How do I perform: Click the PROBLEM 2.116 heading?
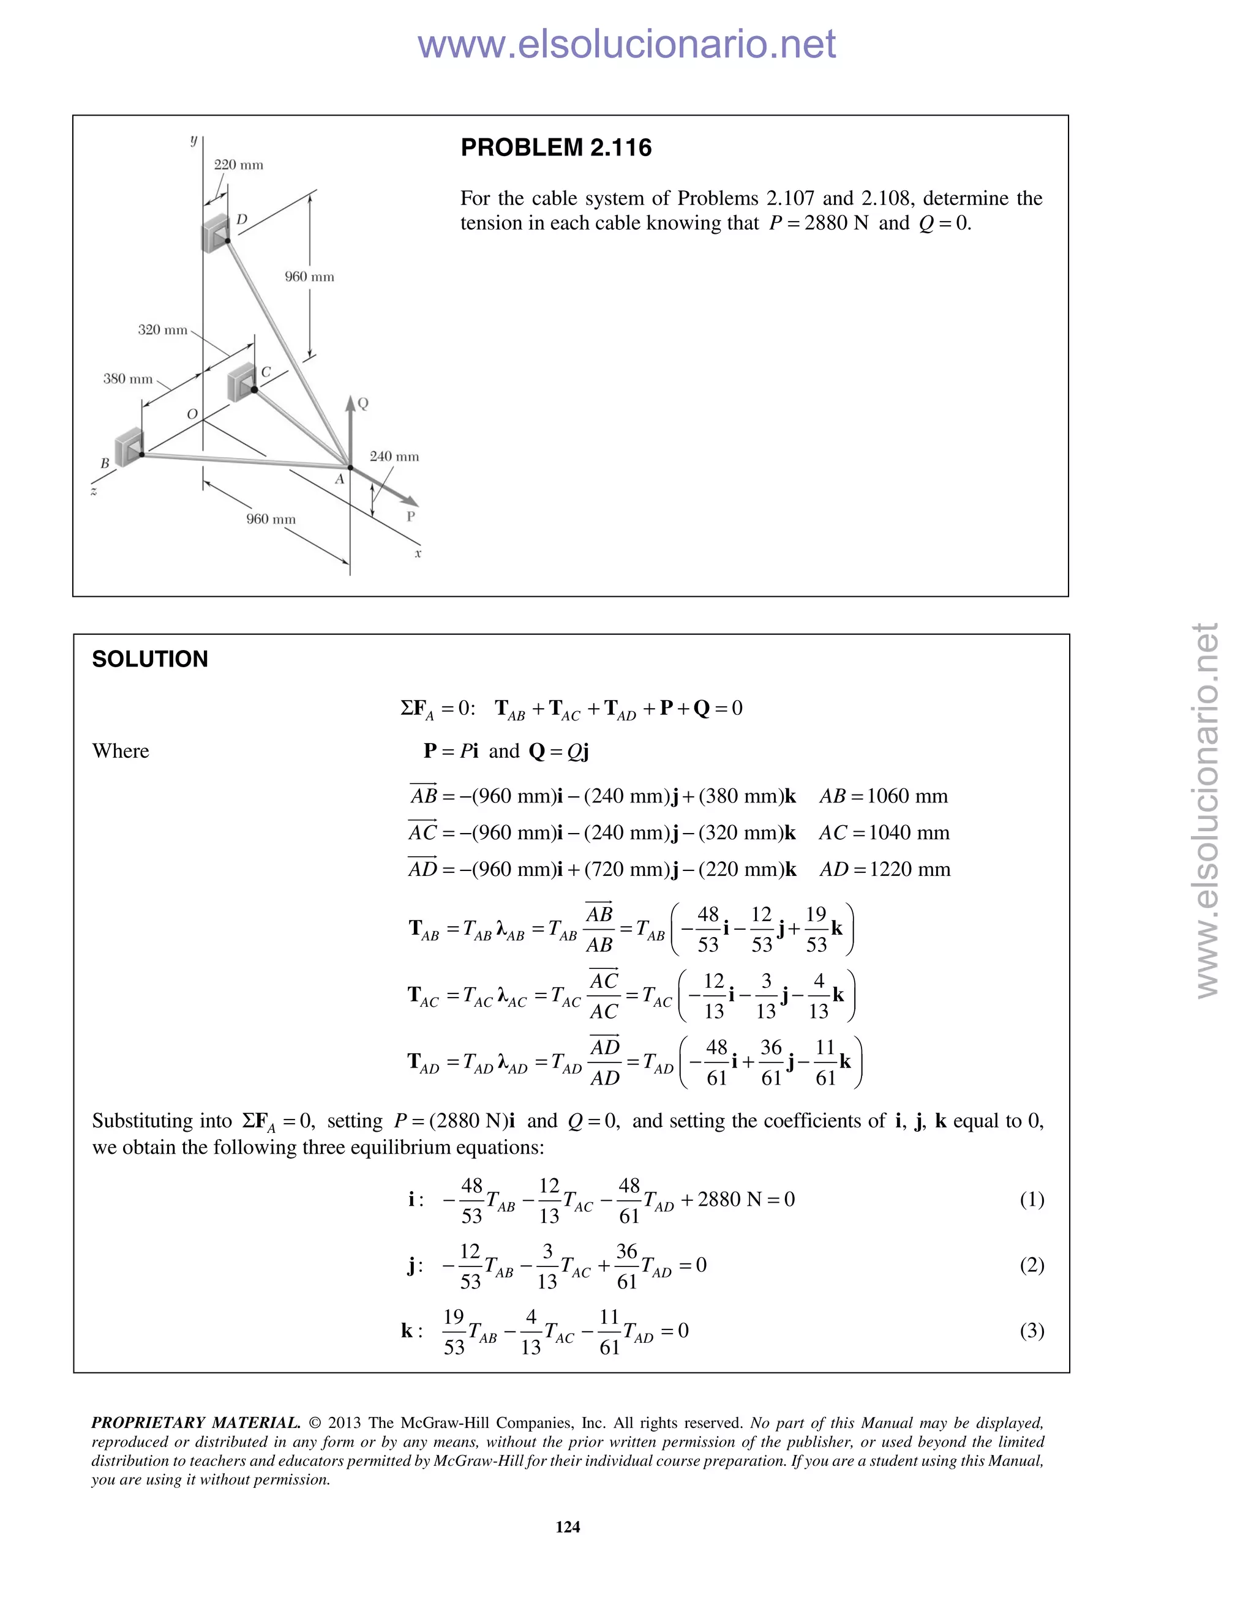click(x=556, y=148)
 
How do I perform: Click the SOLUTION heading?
click(x=149, y=659)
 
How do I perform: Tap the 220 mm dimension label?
click(x=238, y=165)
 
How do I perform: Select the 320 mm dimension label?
click(x=163, y=330)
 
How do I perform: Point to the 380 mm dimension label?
click(x=128, y=379)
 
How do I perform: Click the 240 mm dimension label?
click(x=394, y=456)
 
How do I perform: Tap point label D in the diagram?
click(x=241, y=220)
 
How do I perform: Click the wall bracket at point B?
click(x=130, y=447)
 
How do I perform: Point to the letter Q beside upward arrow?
click(x=363, y=403)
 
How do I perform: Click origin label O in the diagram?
click(x=192, y=414)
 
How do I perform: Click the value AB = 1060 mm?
click(x=884, y=796)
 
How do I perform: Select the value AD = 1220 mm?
click(x=884, y=869)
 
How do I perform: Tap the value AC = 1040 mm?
click(x=884, y=832)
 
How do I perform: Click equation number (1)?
click(x=1031, y=1200)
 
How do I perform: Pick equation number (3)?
click(x=1031, y=1330)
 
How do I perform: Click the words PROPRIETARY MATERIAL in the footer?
click(x=195, y=1423)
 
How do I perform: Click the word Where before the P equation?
click(x=121, y=751)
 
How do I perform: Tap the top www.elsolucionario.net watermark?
click(x=626, y=45)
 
